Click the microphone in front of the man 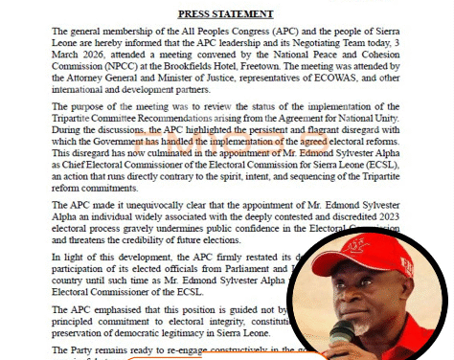(x=345, y=335)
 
